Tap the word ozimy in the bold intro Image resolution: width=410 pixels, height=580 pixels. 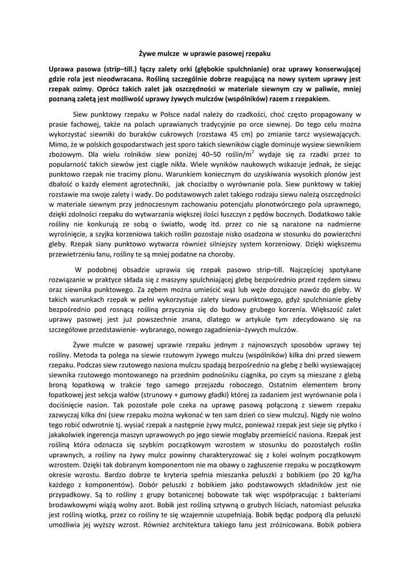(85, 89)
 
